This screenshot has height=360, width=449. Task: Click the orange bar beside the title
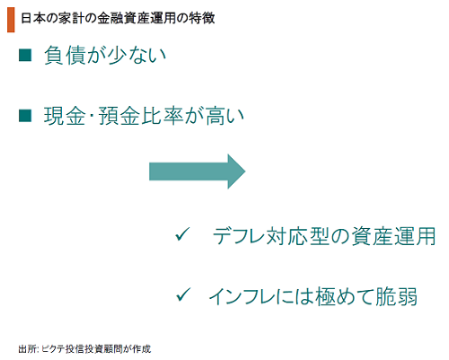click(x=11, y=20)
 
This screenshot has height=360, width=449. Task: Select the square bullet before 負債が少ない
click(x=25, y=56)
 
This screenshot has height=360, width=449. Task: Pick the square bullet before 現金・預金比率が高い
click(x=25, y=116)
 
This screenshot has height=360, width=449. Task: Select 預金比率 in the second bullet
click(x=141, y=116)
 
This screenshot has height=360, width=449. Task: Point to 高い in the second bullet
click(x=225, y=116)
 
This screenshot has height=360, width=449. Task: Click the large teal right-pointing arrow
click(x=198, y=171)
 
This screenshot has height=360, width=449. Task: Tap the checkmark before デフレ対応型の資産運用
click(x=182, y=234)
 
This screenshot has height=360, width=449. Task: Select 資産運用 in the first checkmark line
click(x=393, y=236)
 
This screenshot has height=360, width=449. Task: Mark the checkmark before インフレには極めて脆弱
click(x=183, y=294)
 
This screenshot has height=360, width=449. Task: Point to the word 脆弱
click(x=396, y=296)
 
